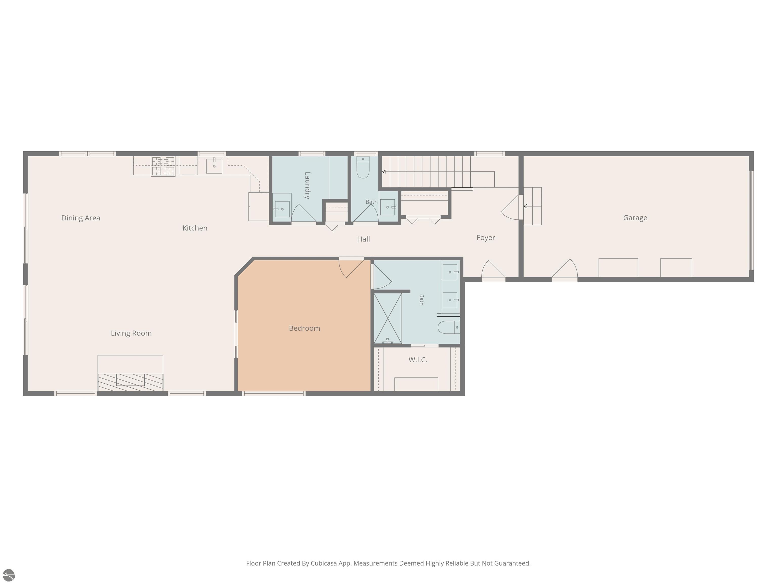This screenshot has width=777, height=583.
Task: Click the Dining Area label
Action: (81, 218)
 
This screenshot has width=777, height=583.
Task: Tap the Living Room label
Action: (131, 333)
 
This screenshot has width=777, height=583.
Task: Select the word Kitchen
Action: (195, 228)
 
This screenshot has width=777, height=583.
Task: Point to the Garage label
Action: (635, 218)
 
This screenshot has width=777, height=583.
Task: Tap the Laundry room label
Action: (307, 185)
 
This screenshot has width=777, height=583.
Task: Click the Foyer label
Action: (486, 238)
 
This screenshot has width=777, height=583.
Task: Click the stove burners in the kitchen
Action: (163, 166)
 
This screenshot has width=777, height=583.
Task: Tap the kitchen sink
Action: (214, 166)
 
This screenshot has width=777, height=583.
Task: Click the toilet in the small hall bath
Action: (363, 167)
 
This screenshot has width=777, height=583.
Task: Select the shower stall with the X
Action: (388, 318)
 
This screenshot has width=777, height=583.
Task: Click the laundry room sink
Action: (282, 209)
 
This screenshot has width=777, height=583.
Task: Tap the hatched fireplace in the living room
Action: (130, 382)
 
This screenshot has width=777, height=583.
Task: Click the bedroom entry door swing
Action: (351, 268)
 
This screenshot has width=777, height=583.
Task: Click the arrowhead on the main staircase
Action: (384, 172)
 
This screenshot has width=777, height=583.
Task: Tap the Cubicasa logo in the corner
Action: (9, 575)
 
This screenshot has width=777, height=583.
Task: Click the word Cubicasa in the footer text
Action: (323, 563)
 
